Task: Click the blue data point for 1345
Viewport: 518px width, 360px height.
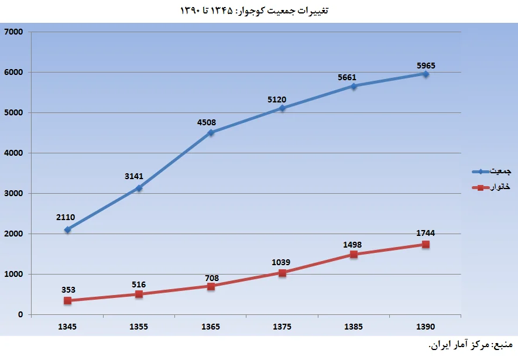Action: [x=68, y=229]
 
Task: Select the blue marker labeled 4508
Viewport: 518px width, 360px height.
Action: [x=211, y=132]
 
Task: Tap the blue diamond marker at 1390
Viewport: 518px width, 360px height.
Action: [x=426, y=74]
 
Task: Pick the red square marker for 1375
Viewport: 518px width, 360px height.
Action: [x=283, y=273]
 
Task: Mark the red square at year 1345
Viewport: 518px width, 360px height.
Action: [x=68, y=300]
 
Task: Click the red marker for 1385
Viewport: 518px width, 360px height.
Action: [x=354, y=254]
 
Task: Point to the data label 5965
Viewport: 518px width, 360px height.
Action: [x=426, y=66]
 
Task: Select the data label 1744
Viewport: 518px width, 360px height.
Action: [x=426, y=233]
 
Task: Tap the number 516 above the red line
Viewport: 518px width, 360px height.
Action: [x=139, y=284]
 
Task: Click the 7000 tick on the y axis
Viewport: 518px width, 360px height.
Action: [x=13, y=32]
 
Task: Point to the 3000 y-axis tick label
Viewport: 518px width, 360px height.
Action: [x=13, y=194]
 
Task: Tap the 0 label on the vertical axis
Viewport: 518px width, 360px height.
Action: [x=20, y=315]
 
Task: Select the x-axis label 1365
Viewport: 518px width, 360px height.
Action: [x=211, y=327]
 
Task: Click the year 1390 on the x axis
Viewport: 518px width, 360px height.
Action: [x=426, y=327]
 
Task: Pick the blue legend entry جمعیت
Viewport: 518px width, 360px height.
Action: [x=492, y=172]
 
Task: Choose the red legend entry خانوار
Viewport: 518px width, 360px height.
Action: [x=492, y=187]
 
